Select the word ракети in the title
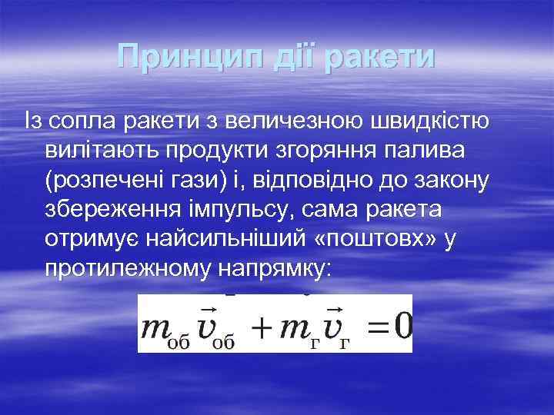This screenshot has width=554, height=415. point(379,58)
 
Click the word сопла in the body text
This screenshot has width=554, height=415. point(82,121)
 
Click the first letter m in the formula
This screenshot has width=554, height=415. point(156,328)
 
